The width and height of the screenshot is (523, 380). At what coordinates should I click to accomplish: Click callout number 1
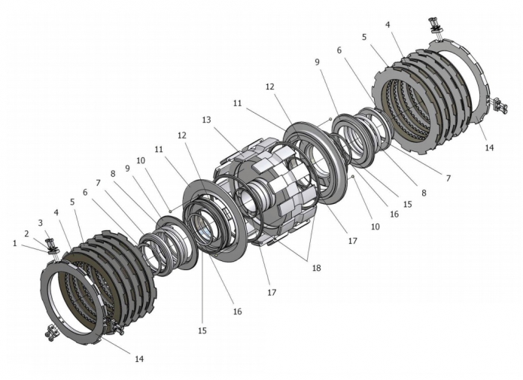(14, 243)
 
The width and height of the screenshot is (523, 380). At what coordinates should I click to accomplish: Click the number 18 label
(317, 267)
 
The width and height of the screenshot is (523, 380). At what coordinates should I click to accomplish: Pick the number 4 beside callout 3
(56, 213)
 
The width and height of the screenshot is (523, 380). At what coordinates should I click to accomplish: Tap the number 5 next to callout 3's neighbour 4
(71, 202)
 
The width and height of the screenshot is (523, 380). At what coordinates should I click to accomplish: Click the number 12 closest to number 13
(182, 135)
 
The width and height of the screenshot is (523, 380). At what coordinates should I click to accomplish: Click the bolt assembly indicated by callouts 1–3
(53, 246)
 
